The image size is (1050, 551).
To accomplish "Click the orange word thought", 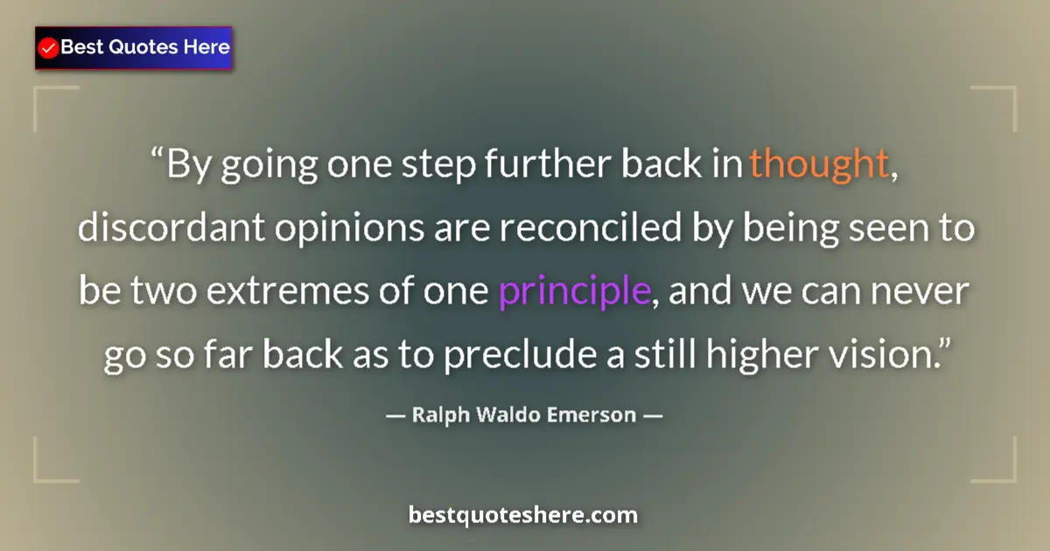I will coord(819,164).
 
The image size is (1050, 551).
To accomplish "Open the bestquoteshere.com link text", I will coord(523,515).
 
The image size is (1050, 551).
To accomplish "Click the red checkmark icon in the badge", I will coord(49,48).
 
